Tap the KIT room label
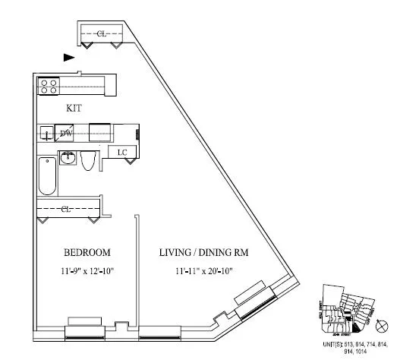click(x=75, y=109)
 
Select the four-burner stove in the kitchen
click(x=49, y=87)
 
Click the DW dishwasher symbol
click(x=67, y=134)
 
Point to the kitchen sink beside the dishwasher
click(x=47, y=134)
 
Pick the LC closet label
click(x=121, y=153)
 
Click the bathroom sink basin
click(x=68, y=159)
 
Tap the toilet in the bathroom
click(x=89, y=160)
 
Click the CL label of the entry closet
click(x=101, y=33)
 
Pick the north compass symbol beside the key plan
click(x=382, y=326)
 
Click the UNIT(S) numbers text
click(x=356, y=348)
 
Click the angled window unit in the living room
click(x=256, y=302)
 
